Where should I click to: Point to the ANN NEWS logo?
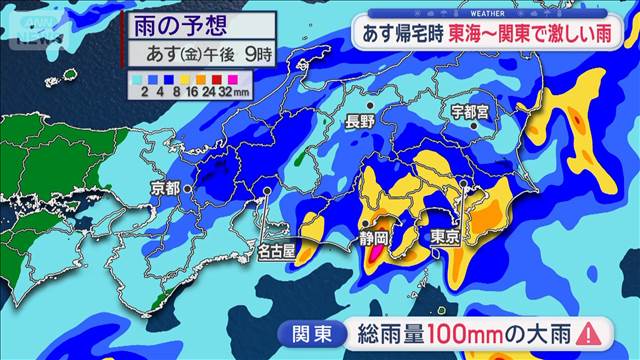pyautogui.click(x=36, y=19)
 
